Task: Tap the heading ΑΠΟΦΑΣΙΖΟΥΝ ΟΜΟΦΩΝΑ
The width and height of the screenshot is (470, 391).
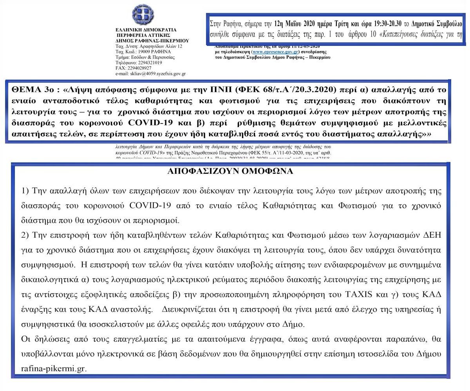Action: click(x=235, y=171)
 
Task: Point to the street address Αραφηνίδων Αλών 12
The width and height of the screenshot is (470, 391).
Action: click(x=159, y=46)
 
